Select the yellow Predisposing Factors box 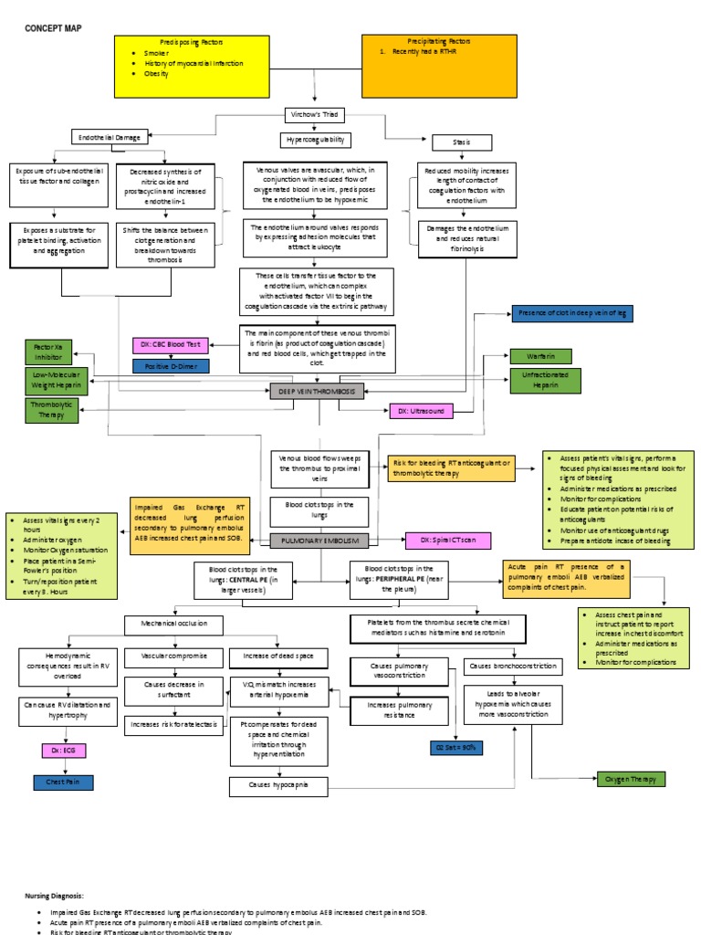pyautogui.click(x=192, y=67)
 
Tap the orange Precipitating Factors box pyautogui.click(x=439, y=66)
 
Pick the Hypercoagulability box pyautogui.click(x=315, y=140)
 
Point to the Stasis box pyautogui.click(x=461, y=142)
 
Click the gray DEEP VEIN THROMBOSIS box pyautogui.click(x=317, y=391)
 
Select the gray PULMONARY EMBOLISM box pyautogui.click(x=320, y=541)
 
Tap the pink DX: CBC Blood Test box pyautogui.click(x=172, y=345)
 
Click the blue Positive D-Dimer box pyautogui.click(x=171, y=366)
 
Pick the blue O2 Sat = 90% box pyautogui.click(x=455, y=747)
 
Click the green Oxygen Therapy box pyautogui.click(x=631, y=779)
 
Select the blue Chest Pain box pyautogui.click(x=63, y=782)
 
